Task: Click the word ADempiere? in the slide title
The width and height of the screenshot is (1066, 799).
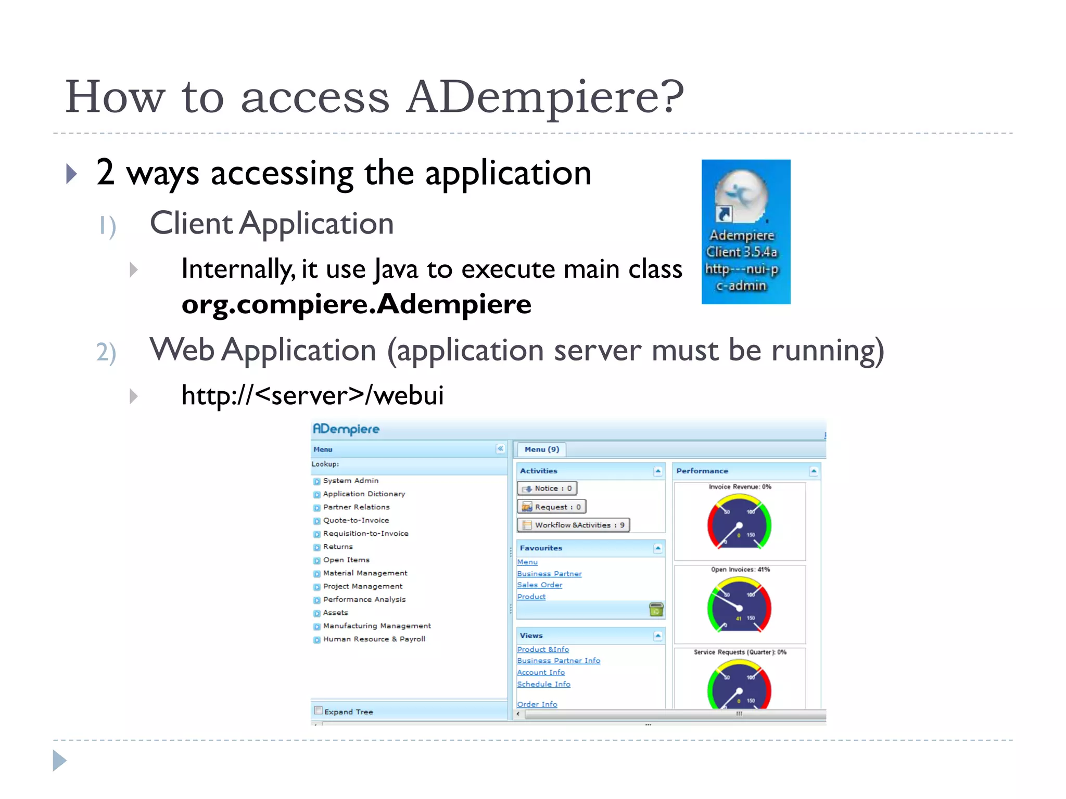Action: click(x=545, y=97)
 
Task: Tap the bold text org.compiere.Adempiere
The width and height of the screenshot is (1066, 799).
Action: click(x=357, y=304)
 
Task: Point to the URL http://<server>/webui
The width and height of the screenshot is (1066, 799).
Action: click(x=312, y=395)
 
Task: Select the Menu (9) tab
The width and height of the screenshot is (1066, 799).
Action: click(x=541, y=449)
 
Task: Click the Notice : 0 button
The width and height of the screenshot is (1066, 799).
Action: click(x=548, y=488)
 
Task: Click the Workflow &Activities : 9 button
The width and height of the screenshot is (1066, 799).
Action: click(x=574, y=525)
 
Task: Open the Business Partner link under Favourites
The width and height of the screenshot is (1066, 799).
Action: click(x=549, y=574)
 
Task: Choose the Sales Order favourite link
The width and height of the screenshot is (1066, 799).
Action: click(x=540, y=585)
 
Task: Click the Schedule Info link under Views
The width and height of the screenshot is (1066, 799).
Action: click(x=543, y=685)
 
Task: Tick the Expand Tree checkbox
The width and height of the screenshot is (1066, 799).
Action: click(x=319, y=711)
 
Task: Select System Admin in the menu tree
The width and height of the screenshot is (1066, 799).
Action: click(x=350, y=481)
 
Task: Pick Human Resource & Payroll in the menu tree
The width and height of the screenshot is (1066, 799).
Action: click(x=374, y=639)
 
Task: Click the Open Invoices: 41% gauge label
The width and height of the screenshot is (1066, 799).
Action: click(x=740, y=570)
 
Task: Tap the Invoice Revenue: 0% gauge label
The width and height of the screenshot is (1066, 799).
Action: click(x=740, y=487)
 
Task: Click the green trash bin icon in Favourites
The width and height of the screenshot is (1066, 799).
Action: click(x=656, y=609)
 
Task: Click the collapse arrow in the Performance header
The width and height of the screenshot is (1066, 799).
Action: click(x=814, y=471)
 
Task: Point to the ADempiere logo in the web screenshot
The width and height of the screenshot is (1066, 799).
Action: click(x=346, y=429)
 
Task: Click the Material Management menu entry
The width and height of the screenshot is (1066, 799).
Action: click(x=365, y=573)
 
